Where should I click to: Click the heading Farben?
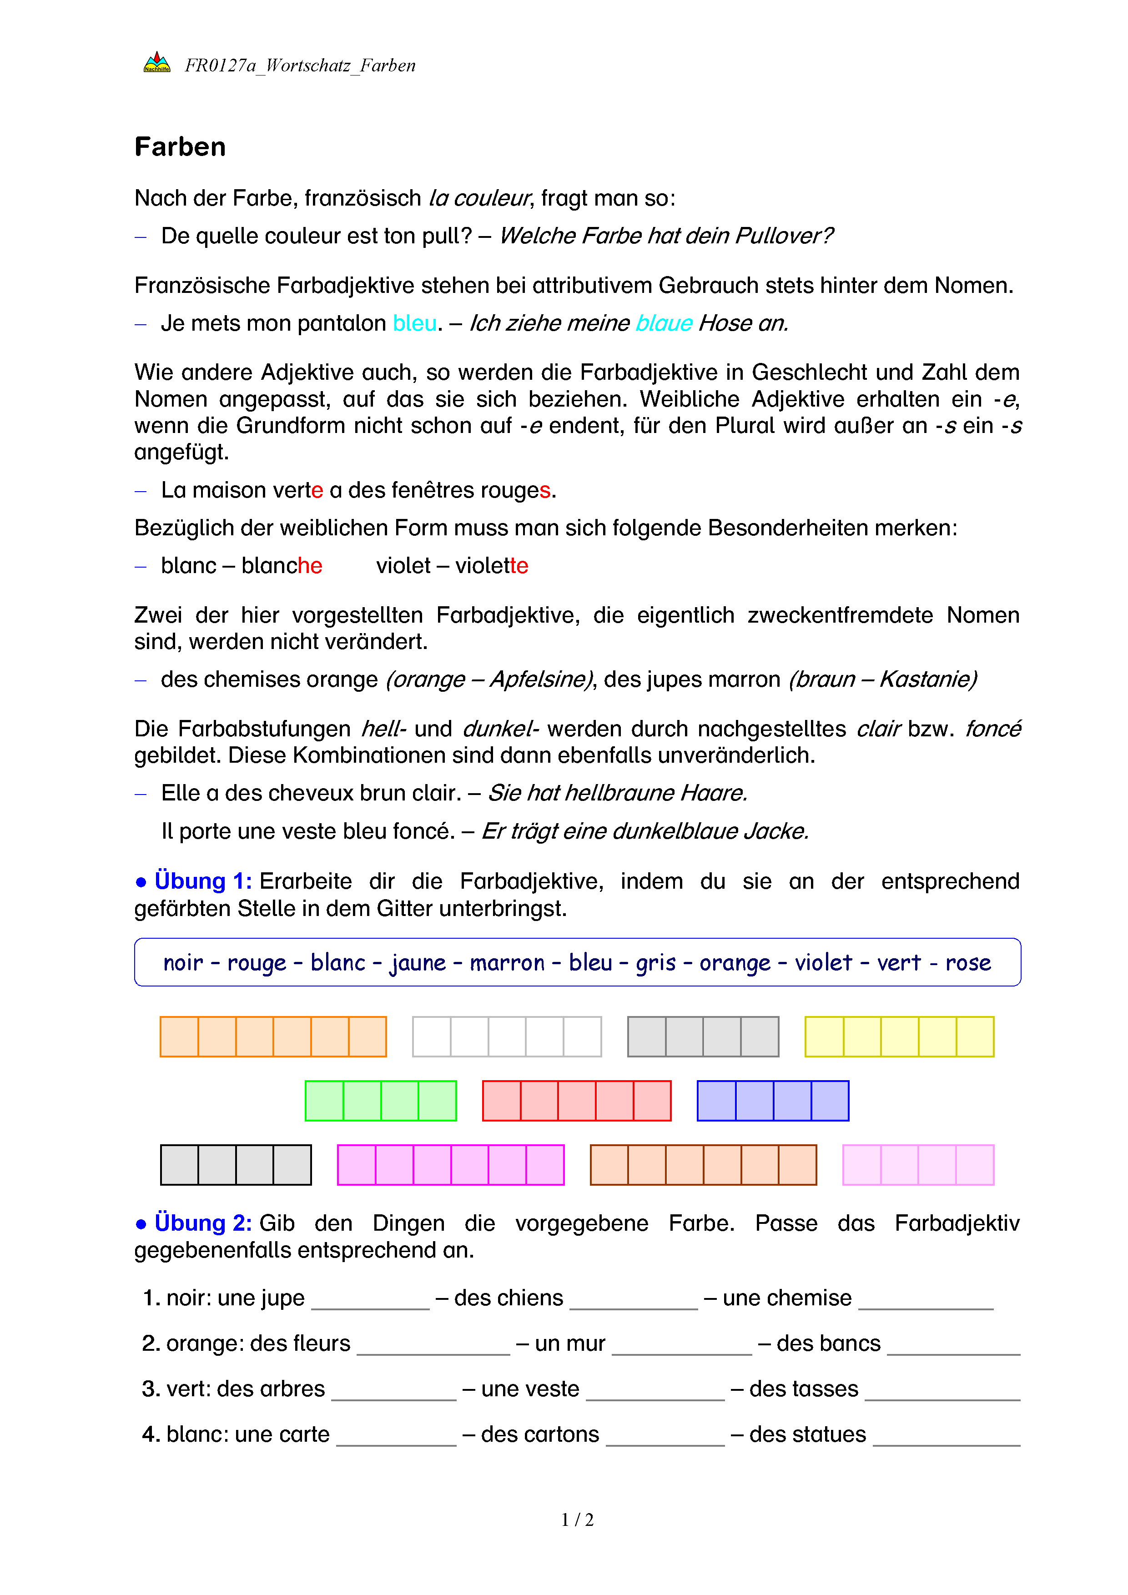180,147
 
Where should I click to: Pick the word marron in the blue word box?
507,963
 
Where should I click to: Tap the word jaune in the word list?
418,963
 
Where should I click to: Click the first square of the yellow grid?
825,1036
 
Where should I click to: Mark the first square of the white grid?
432,1036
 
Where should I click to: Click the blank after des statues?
946,1437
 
